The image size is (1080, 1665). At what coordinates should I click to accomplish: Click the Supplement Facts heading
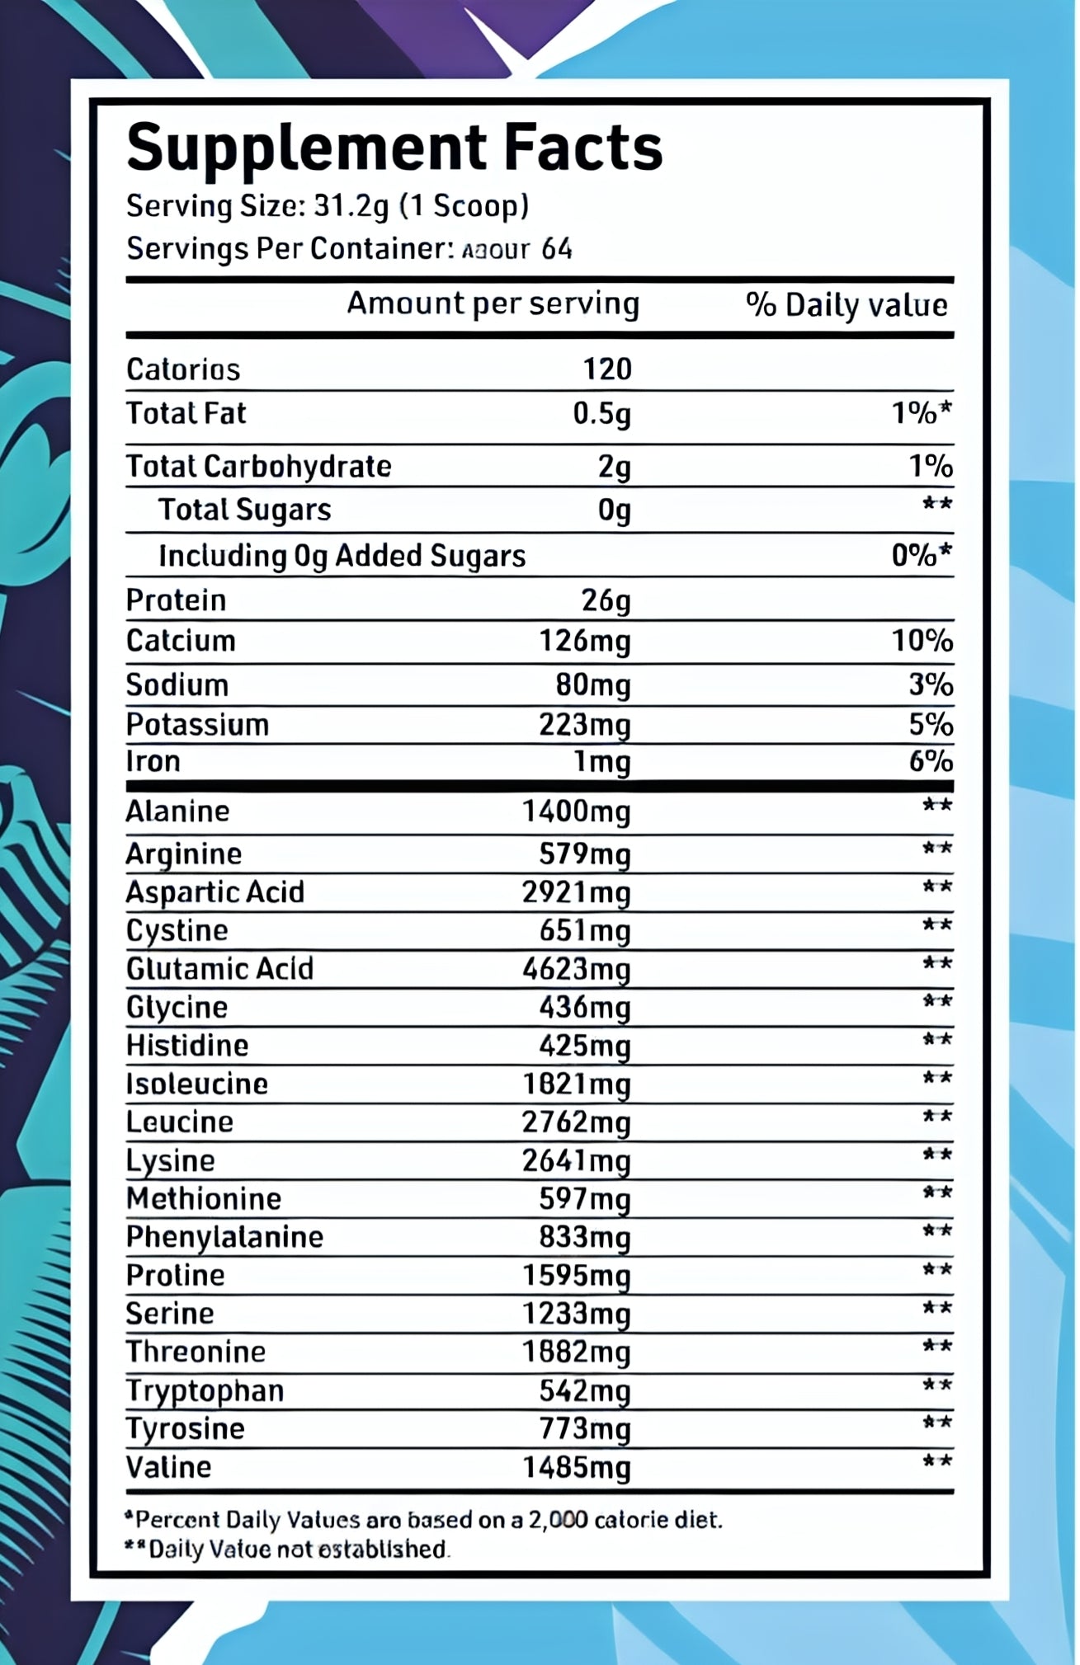(x=394, y=148)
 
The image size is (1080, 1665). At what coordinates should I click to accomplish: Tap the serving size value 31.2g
(x=351, y=205)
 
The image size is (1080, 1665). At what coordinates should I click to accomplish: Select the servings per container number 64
(x=557, y=249)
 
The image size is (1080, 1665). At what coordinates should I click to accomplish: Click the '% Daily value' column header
(x=847, y=305)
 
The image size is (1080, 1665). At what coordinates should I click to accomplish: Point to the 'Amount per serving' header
(x=493, y=303)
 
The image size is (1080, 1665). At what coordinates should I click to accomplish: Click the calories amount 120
(x=607, y=369)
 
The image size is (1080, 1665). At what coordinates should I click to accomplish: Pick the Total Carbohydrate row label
(x=258, y=467)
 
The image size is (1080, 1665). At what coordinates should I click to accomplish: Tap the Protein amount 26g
(x=606, y=600)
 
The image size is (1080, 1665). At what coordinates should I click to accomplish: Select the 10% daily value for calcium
(x=922, y=641)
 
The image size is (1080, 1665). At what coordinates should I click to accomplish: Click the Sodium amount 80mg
(x=592, y=685)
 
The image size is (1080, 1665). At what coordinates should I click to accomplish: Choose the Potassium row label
(x=197, y=725)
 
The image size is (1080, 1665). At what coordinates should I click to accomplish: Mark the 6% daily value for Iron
(x=931, y=761)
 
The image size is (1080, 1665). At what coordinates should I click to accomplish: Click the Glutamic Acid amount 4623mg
(x=576, y=969)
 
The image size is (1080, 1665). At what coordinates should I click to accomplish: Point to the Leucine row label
(x=179, y=1122)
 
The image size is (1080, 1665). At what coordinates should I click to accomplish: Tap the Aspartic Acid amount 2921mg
(x=576, y=892)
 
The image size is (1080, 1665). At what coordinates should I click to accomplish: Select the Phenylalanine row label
(x=224, y=1237)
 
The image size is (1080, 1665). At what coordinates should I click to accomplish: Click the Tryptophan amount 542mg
(x=584, y=1391)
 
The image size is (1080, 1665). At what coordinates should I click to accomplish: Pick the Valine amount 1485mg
(x=576, y=1468)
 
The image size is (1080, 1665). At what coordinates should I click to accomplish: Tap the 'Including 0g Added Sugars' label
(x=342, y=557)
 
